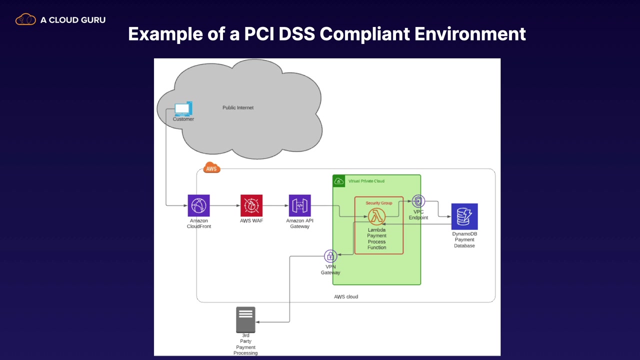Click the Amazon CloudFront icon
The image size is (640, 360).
198,205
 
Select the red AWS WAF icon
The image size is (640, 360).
251,205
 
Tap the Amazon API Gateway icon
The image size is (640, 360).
299,205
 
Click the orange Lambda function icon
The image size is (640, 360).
376,216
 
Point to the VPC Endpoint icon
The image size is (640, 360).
418,201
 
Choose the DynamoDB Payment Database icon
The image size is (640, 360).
464,216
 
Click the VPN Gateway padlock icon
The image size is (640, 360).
330,256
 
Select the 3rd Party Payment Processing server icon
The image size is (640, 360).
245,319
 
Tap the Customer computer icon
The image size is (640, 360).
182,109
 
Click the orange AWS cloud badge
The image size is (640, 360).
211,168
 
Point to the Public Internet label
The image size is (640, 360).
238,107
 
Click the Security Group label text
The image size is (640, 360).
379,203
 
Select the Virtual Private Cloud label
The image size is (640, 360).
366,181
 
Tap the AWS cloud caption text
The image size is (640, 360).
346,296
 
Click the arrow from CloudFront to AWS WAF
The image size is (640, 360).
224,205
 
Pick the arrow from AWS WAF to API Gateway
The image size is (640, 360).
275,205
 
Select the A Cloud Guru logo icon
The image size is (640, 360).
25,20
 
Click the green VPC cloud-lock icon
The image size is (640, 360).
339,181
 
